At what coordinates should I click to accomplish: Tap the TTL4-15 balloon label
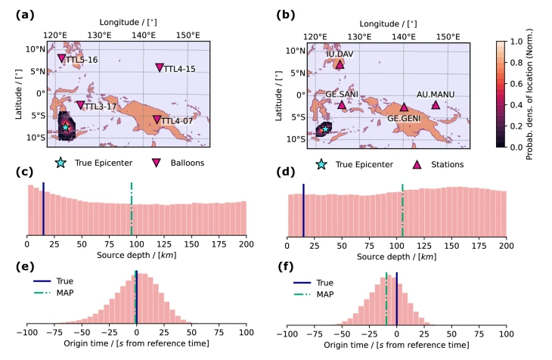pos(180,70)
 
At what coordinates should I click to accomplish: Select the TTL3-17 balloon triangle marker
pos(80,105)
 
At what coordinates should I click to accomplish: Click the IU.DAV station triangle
pos(340,64)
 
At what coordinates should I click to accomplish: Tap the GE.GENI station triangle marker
pos(404,107)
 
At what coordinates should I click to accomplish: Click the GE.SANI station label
pos(342,95)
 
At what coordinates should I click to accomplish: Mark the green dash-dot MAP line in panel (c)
pos(132,209)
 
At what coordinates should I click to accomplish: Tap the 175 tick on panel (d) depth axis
pos(478,246)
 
